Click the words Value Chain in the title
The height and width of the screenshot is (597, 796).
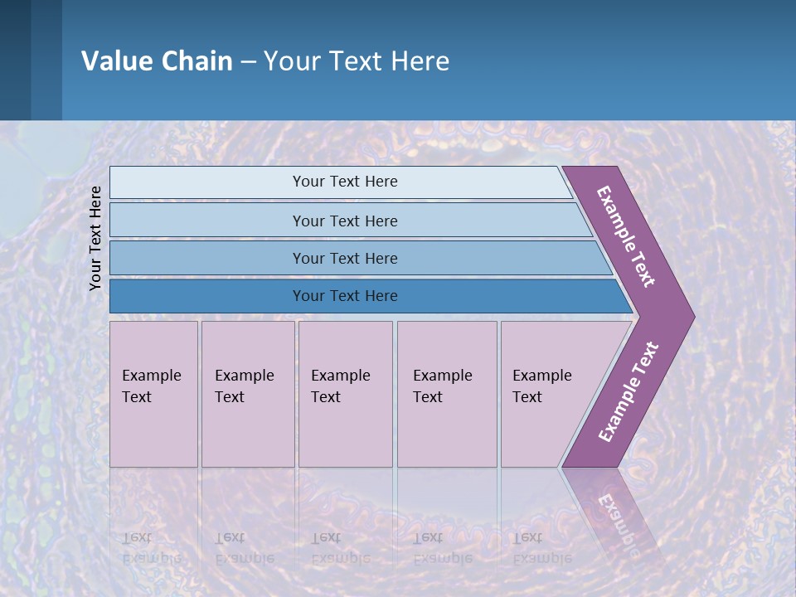157,61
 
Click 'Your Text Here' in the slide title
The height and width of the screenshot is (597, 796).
357,61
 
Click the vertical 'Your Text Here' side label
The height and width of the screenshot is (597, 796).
95,238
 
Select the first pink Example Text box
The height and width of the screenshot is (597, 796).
153,394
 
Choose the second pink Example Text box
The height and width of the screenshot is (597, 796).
248,394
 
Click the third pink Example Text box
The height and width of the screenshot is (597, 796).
345,394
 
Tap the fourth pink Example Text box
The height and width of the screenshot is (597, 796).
447,394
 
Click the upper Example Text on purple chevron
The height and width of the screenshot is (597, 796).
626,236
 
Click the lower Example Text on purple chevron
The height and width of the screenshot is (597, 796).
629,391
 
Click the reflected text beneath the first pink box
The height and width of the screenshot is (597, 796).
151,547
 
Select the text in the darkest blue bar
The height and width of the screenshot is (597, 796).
345,296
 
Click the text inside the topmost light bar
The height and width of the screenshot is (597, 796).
345,182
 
